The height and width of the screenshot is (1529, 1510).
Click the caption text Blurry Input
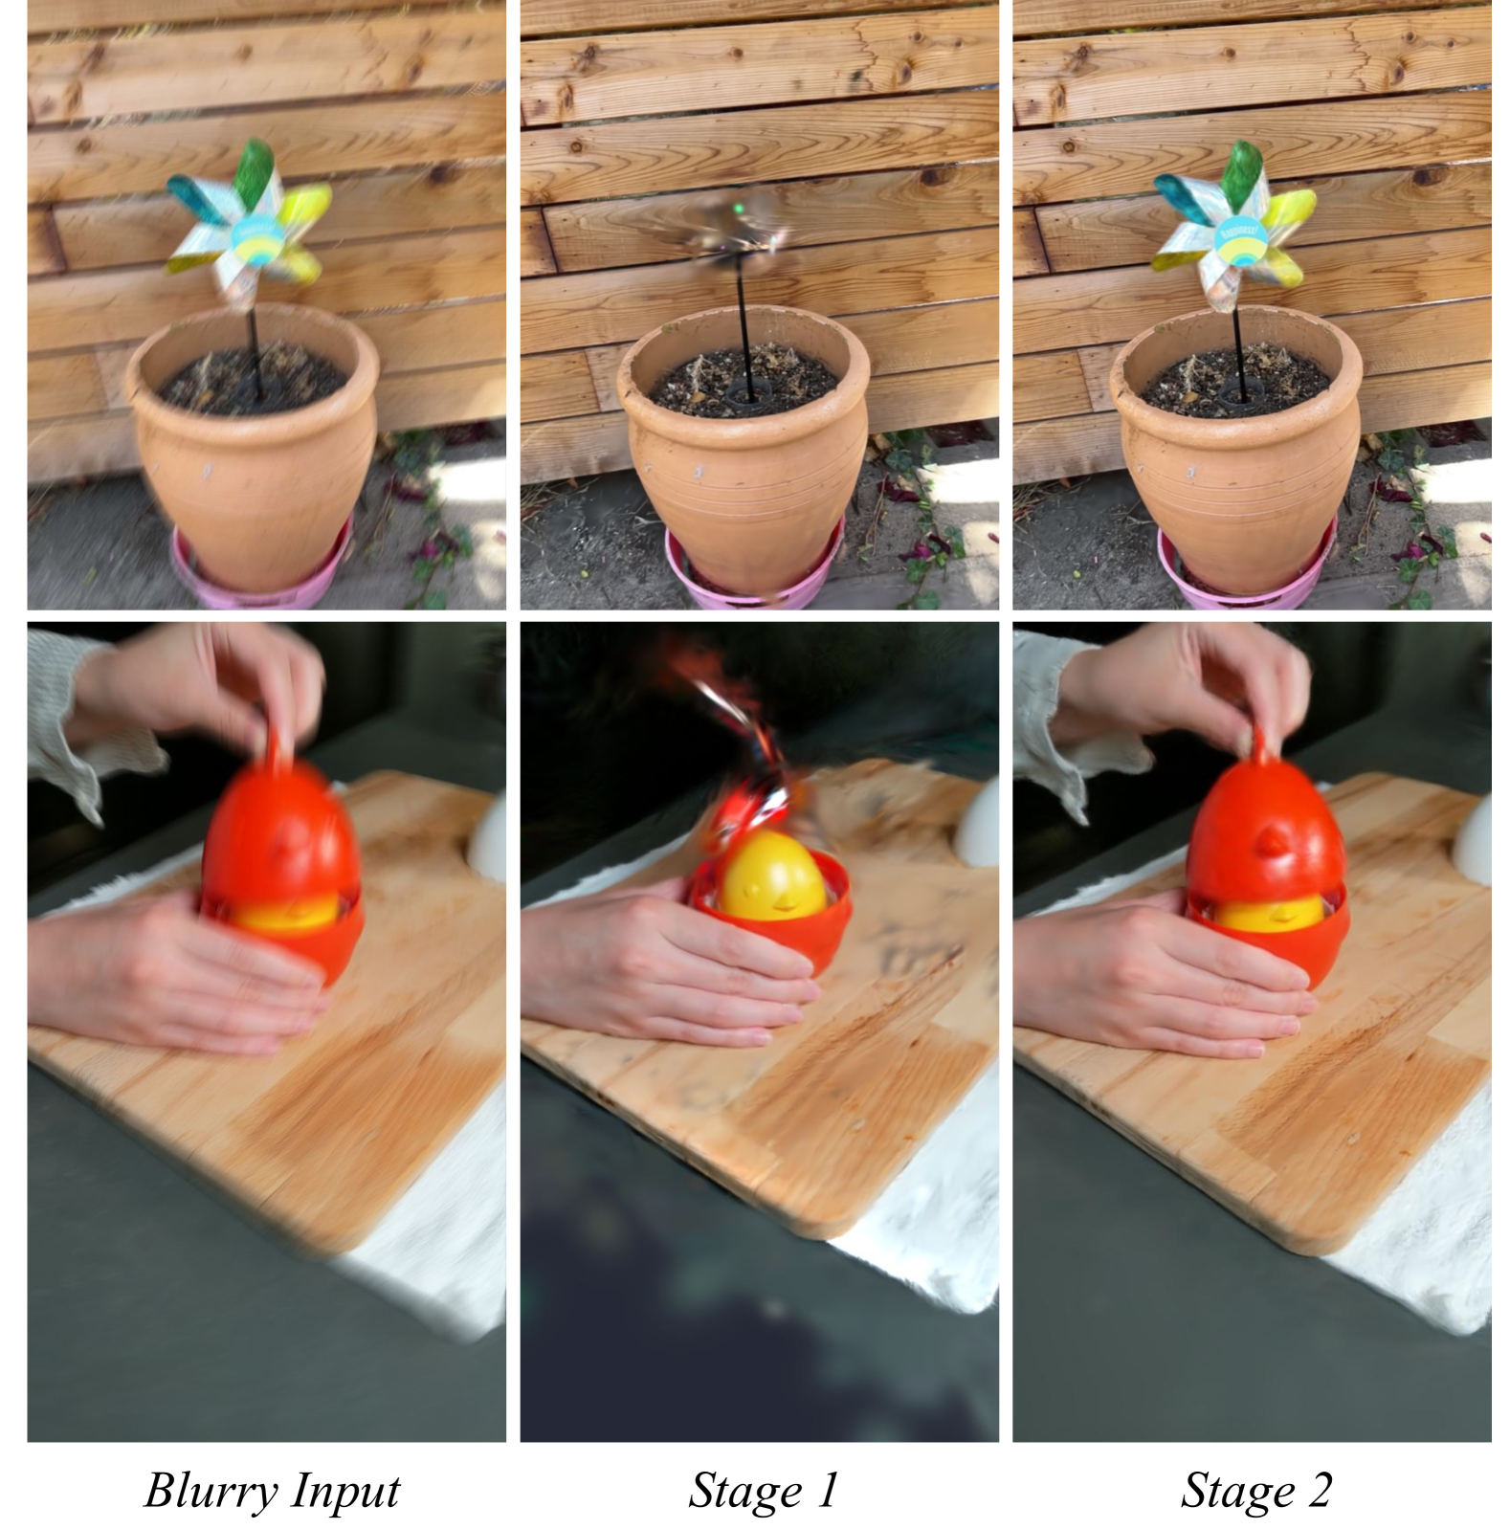[272, 1491]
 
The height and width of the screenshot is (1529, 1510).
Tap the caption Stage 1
[763, 1490]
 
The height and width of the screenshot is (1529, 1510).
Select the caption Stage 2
[1255, 1490]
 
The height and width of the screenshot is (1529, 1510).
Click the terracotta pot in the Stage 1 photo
[744, 448]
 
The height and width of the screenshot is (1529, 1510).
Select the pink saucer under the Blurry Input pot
[259, 569]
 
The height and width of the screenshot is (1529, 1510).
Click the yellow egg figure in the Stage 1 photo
[771, 875]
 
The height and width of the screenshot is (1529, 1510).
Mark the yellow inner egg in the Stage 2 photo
[1271, 913]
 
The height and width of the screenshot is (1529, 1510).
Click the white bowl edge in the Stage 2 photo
[1476, 838]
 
